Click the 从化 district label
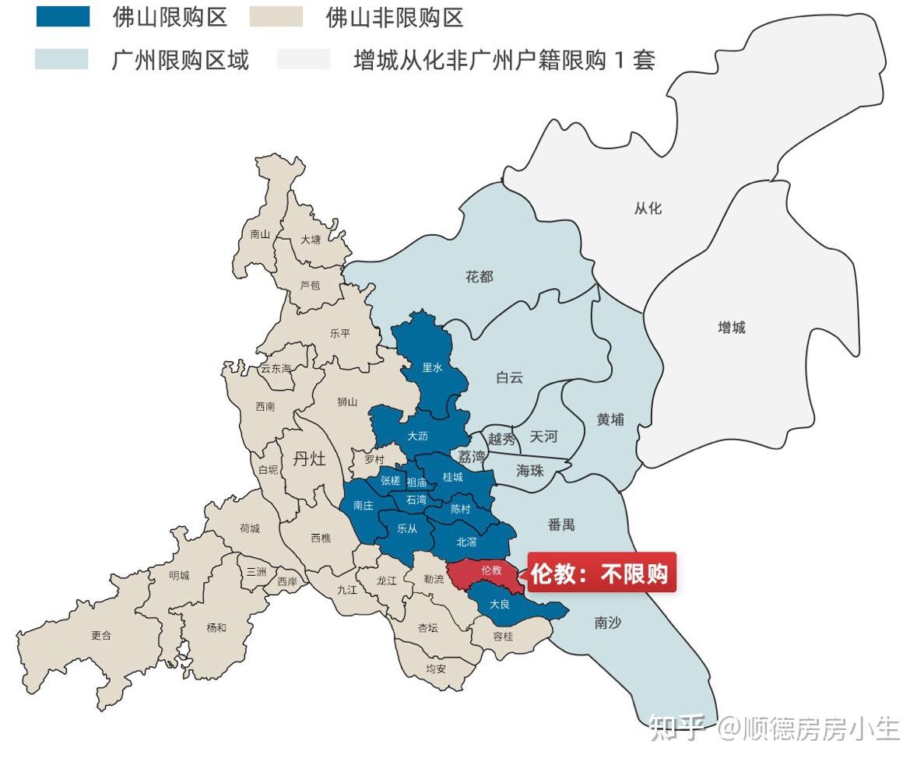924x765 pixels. (x=647, y=209)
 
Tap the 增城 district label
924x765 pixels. (x=731, y=328)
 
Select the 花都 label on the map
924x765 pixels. (x=480, y=277)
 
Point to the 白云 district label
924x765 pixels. (x=509, y=377)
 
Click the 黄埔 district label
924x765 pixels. (x=610, y=419)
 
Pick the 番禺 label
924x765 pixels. (x=560, y=525)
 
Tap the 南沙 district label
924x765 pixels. (x=607, y=623)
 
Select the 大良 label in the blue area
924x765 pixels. (x=499, y=604)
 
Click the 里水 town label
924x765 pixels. (x=432, y=367)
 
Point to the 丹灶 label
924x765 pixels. (x=309, y=458)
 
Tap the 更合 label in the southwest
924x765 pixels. (x=101, y=635)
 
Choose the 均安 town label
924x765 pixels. (x=436, y=668)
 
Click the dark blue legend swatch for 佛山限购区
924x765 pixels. (x=63, y=16)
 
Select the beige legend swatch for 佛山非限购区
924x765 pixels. (x=276, y=16)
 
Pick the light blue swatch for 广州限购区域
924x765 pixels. (x=61, y=60)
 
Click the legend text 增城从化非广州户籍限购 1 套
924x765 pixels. (x=504, y=60)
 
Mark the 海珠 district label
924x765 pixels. (x=529, y=470)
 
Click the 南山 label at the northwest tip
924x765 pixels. (x=260, y=233)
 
